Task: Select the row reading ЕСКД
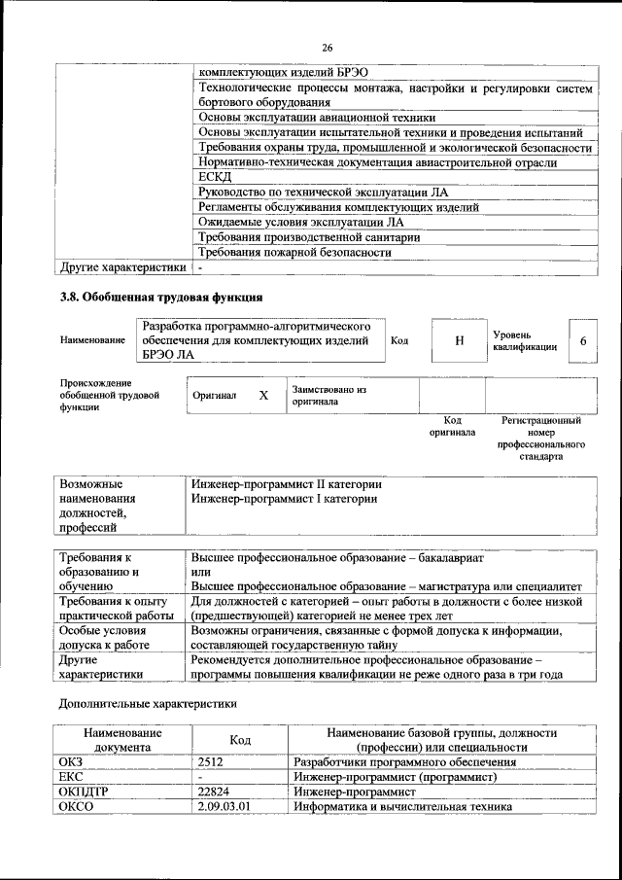(x=216, y=177)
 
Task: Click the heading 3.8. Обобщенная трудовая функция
(x=161, y=297)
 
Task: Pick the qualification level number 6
(x=582, y=340)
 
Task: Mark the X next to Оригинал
(x=262, y=396)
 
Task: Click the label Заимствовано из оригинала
(x=328, y=395)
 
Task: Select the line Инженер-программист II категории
(x=286, y=483)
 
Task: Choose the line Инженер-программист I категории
(x=284, y=499)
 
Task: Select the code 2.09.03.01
(x=223, y=807)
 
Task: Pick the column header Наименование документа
(x=122, y=739)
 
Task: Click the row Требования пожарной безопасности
(x=294, y=252)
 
